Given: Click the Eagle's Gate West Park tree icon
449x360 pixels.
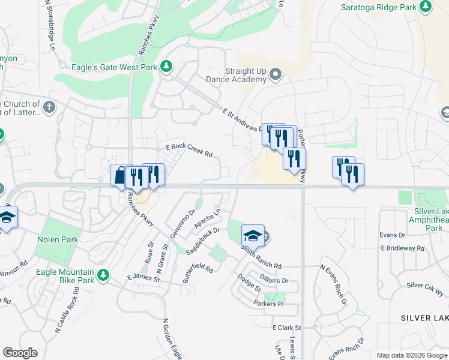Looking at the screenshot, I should (x=166, y=67).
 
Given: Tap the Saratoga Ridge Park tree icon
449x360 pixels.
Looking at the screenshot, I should (x=425, y=7).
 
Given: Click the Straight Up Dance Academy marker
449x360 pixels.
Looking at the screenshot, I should (x=276, y=75).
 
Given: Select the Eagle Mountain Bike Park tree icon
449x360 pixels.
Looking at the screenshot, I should (x=104, y=275).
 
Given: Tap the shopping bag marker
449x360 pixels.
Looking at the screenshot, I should (x=120, y=176).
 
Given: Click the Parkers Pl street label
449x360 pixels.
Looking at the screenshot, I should (x=268, y=304).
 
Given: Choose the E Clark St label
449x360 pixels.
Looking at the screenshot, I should (x=286, y=328).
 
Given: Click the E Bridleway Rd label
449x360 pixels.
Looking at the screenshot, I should (x=402, y=248).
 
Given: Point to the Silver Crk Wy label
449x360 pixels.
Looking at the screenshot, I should (x=425, y=289).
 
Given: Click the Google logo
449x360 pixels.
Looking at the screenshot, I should (x=20, y=353).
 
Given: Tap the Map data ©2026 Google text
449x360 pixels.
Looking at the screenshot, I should (x=411, y=355).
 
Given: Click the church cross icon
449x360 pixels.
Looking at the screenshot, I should (x=49, y=108).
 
